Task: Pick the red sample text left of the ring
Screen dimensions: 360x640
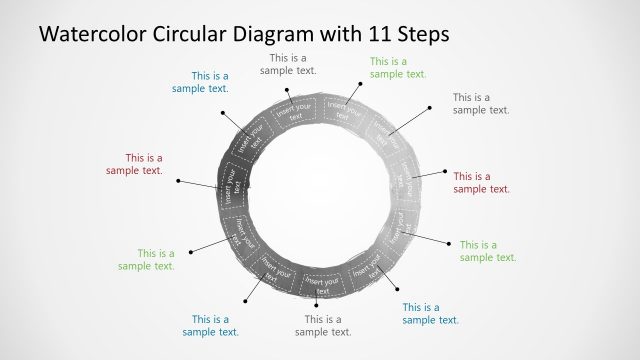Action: point(134,164)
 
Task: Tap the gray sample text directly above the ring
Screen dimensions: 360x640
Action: point(288,64)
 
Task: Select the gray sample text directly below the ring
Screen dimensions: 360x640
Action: point(323,326)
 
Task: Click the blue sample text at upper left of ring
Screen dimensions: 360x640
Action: point(200,82)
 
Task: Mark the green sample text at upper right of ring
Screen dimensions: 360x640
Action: point(398,67)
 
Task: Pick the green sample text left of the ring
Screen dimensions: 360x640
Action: point(146,259)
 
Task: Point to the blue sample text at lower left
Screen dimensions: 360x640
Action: point(210,326)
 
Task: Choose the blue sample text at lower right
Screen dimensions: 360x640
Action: point(430,314)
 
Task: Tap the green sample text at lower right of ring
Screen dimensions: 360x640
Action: point(488,251)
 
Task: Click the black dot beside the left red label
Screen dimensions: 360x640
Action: point(178,181)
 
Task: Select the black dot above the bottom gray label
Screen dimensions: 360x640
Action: point(317,304)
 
